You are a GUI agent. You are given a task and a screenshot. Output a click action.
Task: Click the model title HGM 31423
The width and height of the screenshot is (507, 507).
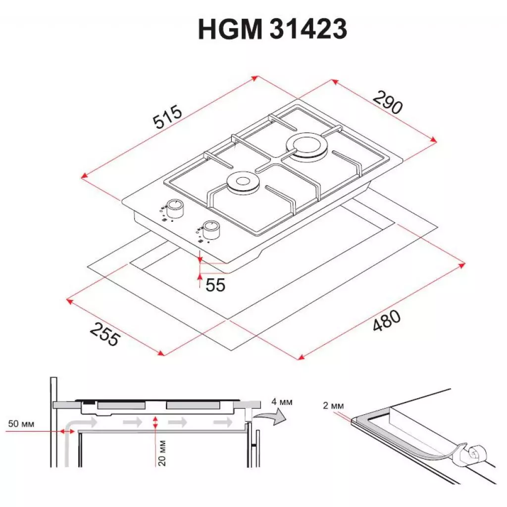[272, 30]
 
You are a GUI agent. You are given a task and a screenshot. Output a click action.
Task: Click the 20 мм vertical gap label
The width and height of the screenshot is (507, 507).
[162, 454]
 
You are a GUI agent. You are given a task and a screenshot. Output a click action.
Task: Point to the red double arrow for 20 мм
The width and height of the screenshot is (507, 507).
[156, 422]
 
